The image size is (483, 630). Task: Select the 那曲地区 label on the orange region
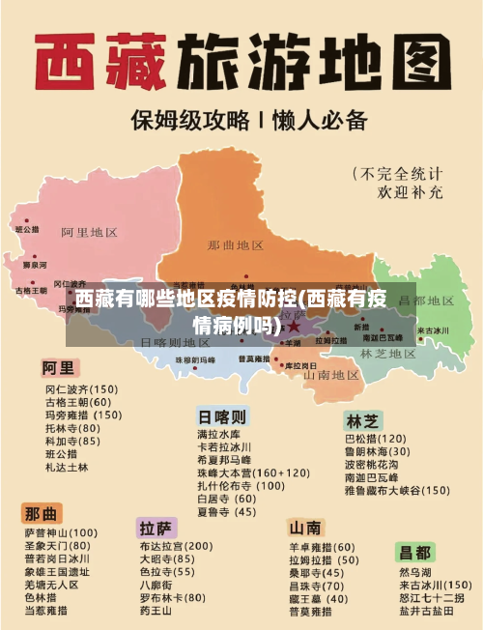[235, 245]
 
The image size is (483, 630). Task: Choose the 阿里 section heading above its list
[57, 368]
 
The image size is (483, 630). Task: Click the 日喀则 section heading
[222, 416]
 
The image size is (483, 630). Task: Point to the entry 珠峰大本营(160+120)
[253, 473]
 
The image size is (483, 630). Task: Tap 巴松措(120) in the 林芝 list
[376, 438]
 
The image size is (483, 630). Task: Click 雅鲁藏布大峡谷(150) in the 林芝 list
[396, 490]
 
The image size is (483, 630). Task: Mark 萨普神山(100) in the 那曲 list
[61, 532]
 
